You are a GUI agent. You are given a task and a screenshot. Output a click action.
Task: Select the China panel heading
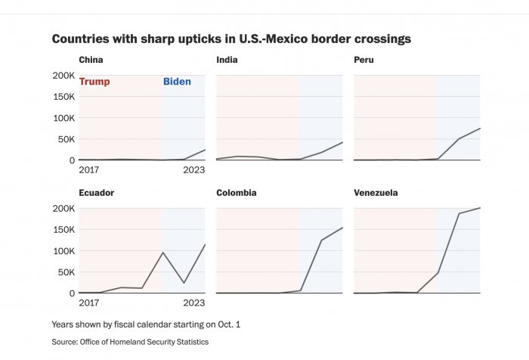point(91,60)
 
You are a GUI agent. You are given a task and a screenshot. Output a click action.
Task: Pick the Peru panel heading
point(363,60)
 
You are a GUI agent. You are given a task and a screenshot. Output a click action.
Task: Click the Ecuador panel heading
point(96,193)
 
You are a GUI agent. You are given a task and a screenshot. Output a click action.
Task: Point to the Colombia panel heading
point(236,193)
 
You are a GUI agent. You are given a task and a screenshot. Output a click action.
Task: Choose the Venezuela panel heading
point(376,193)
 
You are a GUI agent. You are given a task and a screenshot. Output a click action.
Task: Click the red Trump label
point(94,82)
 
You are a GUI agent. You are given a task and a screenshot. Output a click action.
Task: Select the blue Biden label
point(177,82)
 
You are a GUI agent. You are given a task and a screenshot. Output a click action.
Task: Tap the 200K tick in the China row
point(63,76)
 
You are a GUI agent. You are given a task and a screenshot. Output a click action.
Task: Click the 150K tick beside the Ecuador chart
point(63,230)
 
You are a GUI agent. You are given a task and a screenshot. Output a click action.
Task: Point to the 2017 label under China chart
point(89,170)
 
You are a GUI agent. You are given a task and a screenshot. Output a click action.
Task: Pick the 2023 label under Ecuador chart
point(194,303)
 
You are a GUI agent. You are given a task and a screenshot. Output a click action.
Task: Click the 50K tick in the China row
point(64,139)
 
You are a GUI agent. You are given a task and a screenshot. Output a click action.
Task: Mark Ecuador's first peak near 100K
point(163,253)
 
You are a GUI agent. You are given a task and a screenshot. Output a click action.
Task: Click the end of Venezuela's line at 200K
point(480,208)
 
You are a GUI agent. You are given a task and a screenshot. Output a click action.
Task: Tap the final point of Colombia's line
point(342,228)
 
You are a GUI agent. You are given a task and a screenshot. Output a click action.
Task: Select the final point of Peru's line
point(480,129)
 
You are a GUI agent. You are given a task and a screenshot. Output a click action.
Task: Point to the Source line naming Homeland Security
point(130,342)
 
